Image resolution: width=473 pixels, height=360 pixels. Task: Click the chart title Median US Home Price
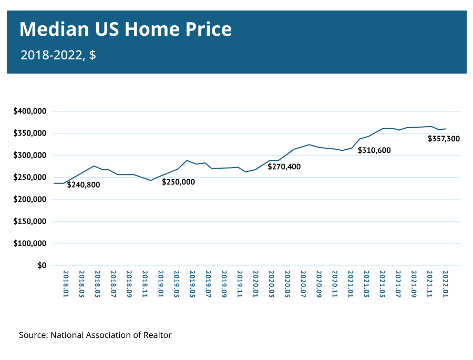point(126,29)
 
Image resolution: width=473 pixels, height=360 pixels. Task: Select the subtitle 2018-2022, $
point(58,55)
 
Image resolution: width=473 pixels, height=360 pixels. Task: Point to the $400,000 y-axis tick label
point(30,111)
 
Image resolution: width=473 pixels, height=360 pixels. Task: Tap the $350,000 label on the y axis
point(30,133)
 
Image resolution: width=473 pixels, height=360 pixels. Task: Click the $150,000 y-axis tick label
point(30,221)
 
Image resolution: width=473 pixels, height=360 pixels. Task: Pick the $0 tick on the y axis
point(42,265)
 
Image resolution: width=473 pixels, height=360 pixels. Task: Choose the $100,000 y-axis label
point(30,243)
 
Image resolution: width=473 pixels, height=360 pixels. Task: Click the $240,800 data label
point(84,184)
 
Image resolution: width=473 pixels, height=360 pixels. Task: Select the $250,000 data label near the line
point(178,182)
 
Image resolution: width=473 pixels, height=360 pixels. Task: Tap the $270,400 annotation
point(284,167)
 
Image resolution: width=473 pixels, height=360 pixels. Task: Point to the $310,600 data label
point(374,150)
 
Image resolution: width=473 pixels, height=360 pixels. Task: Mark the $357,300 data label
point(444,139)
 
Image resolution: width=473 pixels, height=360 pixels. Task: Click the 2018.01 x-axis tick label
point(66,284)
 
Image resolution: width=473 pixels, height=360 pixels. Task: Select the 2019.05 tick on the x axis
point(192,284)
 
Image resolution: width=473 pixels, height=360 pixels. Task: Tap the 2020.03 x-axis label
point(272,284)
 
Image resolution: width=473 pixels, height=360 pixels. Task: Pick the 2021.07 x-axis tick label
point(398,284)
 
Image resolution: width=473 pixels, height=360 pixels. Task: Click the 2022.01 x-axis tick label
point(445,284)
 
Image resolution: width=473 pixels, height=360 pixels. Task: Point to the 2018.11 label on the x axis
point(145,284)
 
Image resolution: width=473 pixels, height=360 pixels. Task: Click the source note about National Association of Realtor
point(95,335)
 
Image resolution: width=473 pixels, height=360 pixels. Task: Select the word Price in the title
point(209,29)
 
